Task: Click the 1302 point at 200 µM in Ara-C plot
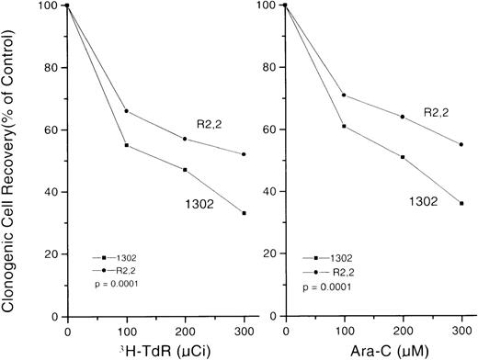pyautogui.click(x=402, y=157)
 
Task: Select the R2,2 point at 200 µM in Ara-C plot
pyautogui.click(x=402, y=117)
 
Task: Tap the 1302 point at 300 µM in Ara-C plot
pyautogui.click(x=461, y=203)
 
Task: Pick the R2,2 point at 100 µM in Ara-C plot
pyautogui.click(x=343, y=95)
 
